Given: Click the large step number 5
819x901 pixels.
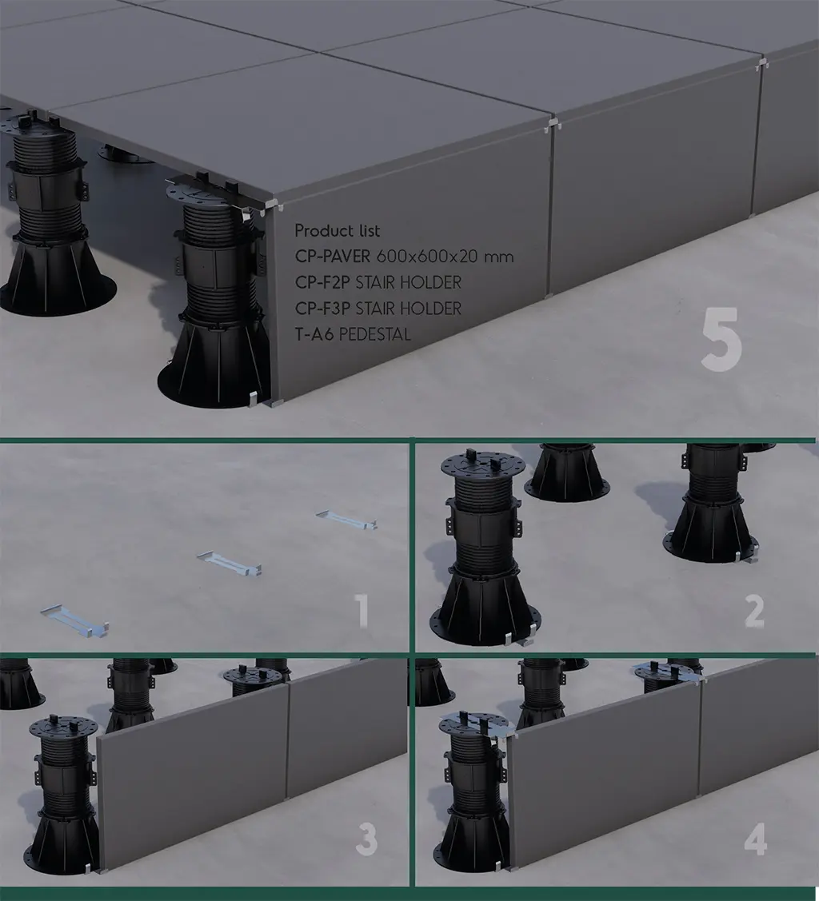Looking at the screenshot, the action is coord(721,338).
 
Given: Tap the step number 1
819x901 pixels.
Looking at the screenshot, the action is coord(362,610).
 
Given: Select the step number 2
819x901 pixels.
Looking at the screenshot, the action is coord(755,611).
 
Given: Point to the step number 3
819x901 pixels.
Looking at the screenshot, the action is coord(366,839).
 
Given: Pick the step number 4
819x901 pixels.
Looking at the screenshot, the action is coord(755,839).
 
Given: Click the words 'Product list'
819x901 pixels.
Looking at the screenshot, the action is coord(338,230).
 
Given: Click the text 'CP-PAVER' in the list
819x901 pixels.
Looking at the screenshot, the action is coord(333,257).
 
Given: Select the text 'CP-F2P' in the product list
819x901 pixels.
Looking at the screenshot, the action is coord(322,282).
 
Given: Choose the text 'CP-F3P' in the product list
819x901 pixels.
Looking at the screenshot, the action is coord(322,308).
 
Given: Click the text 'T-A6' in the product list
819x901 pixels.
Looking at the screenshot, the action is coord(314,334).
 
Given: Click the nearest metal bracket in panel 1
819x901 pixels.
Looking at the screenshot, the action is coord(74,620).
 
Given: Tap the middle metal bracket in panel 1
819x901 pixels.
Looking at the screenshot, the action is coord(230,564).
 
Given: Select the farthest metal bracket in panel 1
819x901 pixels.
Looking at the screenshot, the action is coord(346,520).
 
